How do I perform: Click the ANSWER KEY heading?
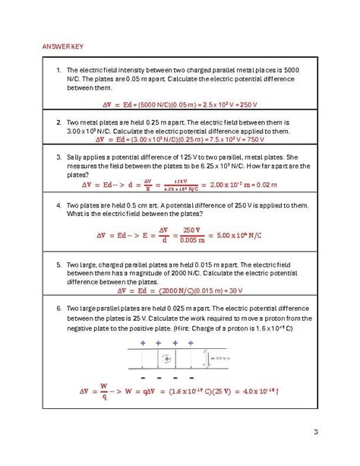tap(62, 46)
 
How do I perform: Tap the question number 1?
tap(58, 70)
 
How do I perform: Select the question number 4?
tap(58, 205)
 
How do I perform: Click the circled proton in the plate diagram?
tap(168, 357)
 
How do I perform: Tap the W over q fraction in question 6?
tap(103, 391)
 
